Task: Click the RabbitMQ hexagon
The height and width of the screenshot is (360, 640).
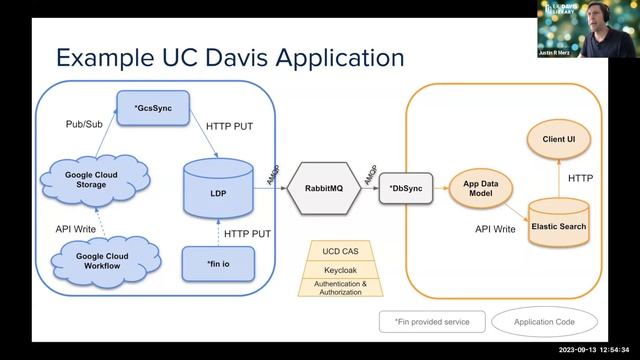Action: pyautogui.click(x=322, y=185)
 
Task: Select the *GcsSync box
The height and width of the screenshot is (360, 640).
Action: pyautogui.click(x=152, y=107)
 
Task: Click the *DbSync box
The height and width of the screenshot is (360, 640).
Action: pyautogui.click(x=405, y=186)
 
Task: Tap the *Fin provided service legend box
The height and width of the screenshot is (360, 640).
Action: pyautogui.click(x=431, y=322)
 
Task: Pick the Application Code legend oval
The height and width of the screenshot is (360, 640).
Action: pyautogui.click(x=544, y=322)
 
